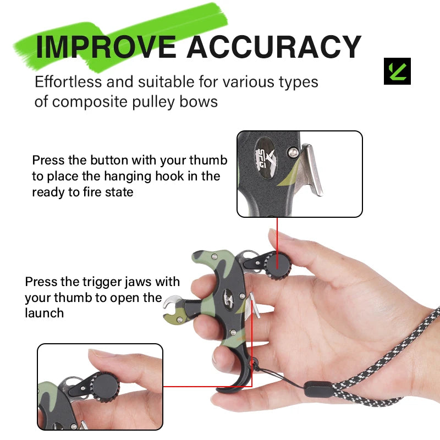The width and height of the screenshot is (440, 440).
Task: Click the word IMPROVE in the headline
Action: coord(106,47)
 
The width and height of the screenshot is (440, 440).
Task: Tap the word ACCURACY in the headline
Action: coord(274,47)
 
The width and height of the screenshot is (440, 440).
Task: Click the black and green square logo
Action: coord(397,71)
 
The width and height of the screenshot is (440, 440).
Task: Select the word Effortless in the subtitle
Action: coord(68,82)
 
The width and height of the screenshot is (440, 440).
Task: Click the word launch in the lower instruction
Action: coord(45,313)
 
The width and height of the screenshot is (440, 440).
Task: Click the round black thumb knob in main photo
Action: coord(278,265)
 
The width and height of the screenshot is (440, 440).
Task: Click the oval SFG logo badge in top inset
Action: coord(265,158)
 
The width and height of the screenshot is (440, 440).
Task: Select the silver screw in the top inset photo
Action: coord(293,152)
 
